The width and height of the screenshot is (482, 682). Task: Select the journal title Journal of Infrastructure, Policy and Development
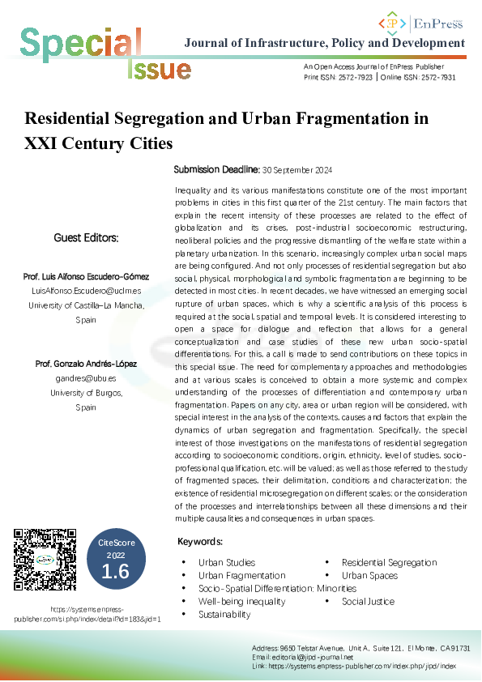point(325,42)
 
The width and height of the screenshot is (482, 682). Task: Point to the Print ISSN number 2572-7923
point(356,76)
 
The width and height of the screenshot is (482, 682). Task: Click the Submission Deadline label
point(215,171)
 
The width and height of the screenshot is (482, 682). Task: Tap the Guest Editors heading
point(86,238)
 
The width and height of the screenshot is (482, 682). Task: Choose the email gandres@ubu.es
point(85,378)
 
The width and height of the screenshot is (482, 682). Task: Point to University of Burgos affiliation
point(86,393)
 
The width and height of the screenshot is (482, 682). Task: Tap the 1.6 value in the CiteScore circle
point(115,573)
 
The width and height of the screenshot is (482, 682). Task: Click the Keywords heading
point(200,541)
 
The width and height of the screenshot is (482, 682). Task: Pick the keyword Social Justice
point(368,602)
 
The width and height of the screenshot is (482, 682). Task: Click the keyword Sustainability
point(224,615)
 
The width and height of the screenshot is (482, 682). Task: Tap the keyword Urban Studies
point(227,562)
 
